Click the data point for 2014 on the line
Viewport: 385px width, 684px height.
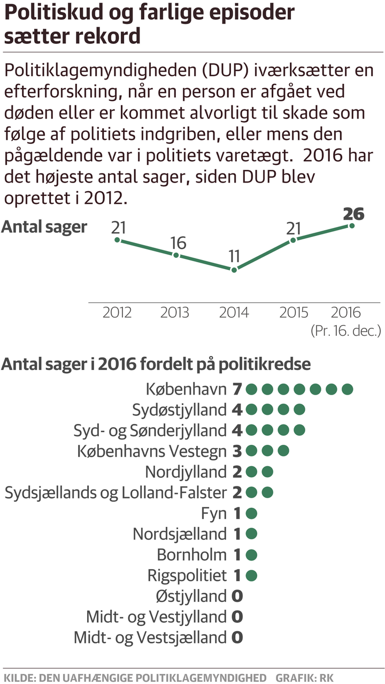click(234, 270)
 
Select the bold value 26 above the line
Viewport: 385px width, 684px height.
click(353, 214)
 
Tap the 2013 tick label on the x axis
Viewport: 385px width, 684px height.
click(175, 312)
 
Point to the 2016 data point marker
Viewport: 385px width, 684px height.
click(352, 226)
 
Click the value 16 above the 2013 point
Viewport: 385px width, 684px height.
click(178, 243)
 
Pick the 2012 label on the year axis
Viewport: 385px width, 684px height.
click(117, 312)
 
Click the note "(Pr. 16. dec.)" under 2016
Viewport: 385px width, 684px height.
click(346, 331)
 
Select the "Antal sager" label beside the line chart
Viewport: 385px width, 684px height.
click(44, 227)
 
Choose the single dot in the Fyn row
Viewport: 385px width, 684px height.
click(252, 514)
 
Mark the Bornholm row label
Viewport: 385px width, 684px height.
click(191, 555)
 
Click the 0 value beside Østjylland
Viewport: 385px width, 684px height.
click(237, 596)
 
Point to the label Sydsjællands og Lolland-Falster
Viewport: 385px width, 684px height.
click(115, 493)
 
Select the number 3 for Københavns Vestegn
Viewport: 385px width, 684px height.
click(237, 451)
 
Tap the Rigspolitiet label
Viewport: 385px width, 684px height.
click(187, 576)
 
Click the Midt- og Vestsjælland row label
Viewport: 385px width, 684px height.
click(150, 638)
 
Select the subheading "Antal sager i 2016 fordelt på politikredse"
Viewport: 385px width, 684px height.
click(156, 364)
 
